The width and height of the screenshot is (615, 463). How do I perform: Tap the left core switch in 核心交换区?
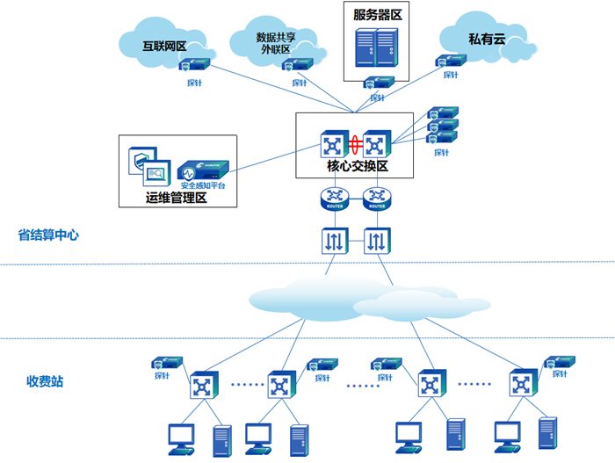coord(334,144)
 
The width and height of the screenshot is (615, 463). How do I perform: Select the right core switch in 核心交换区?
coord(376,144)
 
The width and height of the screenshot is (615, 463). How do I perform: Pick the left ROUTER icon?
coord(334,199)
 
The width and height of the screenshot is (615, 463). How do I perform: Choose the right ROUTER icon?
coord(376,199)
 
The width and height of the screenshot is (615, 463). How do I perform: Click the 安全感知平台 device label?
coord(203,185)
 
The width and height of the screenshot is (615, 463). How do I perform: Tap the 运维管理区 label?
coord(176,199)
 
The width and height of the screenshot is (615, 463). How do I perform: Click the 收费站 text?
coord(45,381)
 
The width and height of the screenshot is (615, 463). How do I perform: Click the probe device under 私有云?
coord(450,61)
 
